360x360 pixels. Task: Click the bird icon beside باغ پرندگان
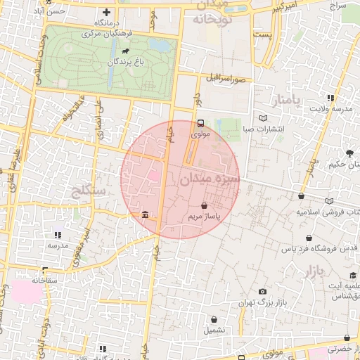(x=125, y=51)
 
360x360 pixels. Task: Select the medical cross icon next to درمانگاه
(x=106, y=12)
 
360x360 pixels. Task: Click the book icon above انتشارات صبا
(x=263, y=118)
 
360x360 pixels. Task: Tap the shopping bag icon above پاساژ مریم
(x=204, y=207)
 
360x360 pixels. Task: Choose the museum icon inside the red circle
(x=144, y=214)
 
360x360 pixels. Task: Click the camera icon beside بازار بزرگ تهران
(x=262, y=291)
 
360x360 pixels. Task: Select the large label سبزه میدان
(x=210, y=180)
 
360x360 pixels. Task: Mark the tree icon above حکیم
(x=349, y=153)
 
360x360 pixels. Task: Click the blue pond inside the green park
(x=160, y=46)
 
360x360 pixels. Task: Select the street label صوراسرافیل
(x=229, y=79)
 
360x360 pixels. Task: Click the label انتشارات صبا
(x=263, y=129)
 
